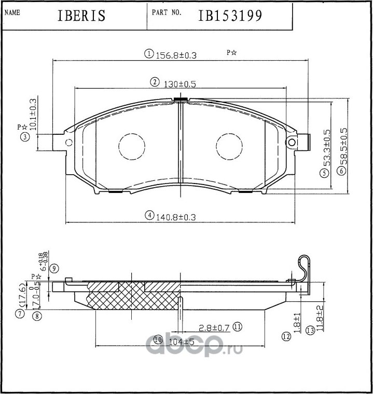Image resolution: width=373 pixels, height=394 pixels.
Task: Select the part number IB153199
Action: [x=230, y=16]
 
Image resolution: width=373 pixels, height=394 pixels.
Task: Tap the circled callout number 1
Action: [x=148, y=54]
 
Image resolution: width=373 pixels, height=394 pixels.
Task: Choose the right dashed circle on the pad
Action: [x=229, y=147]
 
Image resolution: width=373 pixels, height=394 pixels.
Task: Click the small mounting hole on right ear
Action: [x=292, y=142]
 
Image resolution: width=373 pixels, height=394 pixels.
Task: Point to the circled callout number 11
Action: [x=238, y=327]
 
